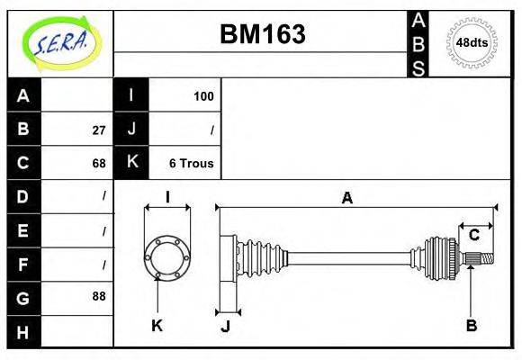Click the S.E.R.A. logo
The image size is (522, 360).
tap(60, 43)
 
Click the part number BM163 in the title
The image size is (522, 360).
tap(263, 34)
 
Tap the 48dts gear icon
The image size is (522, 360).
tap(472, 42)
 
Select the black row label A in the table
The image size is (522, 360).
tap(23, 95)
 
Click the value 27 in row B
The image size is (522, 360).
tap(98, 130)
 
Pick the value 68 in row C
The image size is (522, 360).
tap(98, 163)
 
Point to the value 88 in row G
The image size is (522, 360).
tap(98, 295)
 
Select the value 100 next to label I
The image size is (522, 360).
tap(203, 95)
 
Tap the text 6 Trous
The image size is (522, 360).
tap(191, 163)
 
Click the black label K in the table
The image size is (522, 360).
tap(131, 163)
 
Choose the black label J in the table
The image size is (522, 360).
tap(131, 130)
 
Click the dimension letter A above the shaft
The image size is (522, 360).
tap(346, 198)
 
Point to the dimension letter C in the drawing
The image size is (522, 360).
tap(473, 236)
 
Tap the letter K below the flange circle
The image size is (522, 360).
tap(157, 326)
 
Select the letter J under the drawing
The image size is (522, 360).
tap(226, 326)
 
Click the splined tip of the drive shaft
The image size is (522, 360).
tap(483, 259)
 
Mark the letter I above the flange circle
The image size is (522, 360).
tap(167, 197)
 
